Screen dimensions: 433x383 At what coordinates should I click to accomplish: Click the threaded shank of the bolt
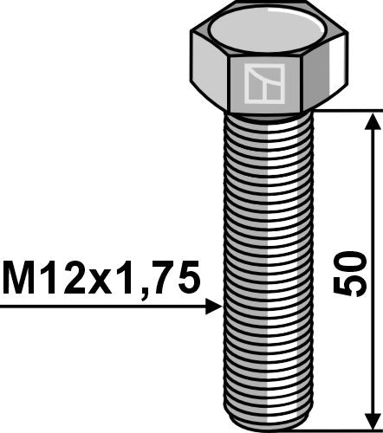268,260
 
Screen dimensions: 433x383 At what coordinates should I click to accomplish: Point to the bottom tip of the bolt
268,423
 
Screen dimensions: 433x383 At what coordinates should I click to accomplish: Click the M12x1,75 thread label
101,277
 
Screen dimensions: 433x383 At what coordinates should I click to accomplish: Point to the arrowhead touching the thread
214,306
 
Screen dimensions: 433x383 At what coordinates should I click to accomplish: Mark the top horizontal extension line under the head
347,111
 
